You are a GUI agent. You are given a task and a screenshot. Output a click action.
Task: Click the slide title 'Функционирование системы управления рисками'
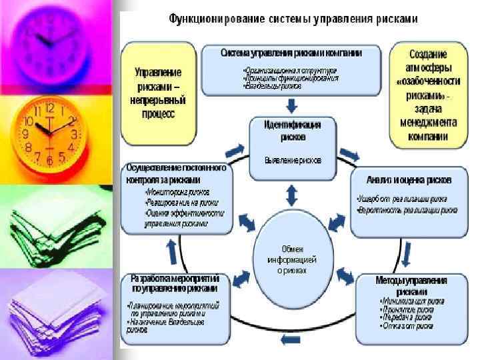293,19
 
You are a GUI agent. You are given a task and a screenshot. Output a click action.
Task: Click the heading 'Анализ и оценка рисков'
409,179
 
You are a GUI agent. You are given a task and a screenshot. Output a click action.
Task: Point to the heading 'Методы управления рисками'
411,286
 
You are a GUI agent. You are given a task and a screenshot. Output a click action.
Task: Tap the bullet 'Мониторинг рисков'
171,192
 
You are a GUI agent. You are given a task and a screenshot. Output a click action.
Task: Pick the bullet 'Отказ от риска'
407,327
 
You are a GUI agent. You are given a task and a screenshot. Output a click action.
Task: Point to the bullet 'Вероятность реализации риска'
407,209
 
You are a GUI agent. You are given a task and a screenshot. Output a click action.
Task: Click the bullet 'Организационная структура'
291,70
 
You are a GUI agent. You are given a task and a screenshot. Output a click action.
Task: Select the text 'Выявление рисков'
292,160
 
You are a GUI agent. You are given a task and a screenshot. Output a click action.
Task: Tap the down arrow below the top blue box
291,105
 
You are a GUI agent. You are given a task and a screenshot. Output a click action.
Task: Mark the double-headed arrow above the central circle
291,195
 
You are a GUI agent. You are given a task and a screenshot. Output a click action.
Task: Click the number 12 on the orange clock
49,107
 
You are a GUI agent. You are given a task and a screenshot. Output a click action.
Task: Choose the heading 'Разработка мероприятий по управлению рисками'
174,284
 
